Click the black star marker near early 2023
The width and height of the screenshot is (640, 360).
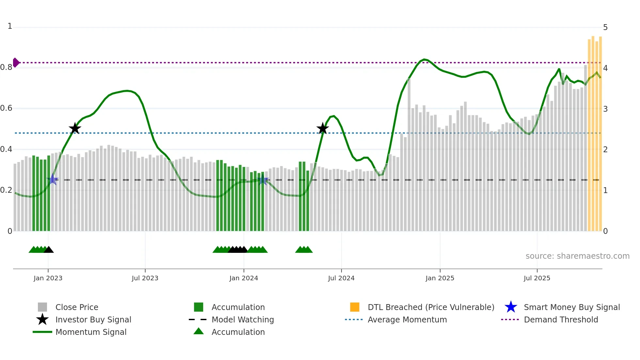click(x=75, y=128)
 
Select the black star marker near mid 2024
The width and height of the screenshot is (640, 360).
click(x=323, y=128)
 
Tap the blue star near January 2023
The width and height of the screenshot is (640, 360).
click(x=53, y=179)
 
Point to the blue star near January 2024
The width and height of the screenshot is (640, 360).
click(x=263, y=180)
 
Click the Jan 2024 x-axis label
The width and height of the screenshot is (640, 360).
click(x=244, y=278)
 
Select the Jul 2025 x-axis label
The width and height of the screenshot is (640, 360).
click(x=537, y=278)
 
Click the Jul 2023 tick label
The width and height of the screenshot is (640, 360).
click(x=145, y=278)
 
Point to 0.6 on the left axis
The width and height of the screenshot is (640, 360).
click(x=7, y=108)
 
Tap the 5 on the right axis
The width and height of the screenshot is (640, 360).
click(x=605, y=27)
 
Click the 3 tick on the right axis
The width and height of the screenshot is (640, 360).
click(x=605, y=109)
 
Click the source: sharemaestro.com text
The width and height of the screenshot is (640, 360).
click(x=577, y=256)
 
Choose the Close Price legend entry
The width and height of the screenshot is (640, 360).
click(x=77, y=307)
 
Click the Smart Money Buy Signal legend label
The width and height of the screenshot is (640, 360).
click(x=572, y=307)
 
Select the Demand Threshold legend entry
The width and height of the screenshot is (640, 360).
click(x=561, y=319)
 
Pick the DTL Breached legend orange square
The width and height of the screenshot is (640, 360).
click(x=355, y=307)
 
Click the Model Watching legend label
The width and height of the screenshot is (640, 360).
click(x=243, y=319)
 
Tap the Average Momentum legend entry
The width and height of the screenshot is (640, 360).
click(x=407, y=319)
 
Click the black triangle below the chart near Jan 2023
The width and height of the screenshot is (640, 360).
click(x=49, y=250)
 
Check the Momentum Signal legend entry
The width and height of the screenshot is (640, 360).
click(x=91, y=332)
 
